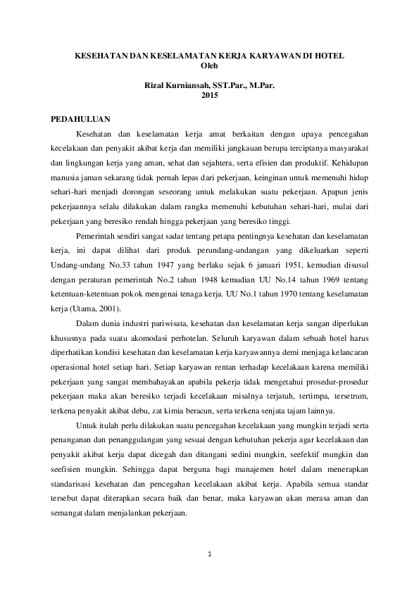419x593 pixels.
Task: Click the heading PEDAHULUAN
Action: tap(82, 118)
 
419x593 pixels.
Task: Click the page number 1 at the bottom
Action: tap(210, 554)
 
